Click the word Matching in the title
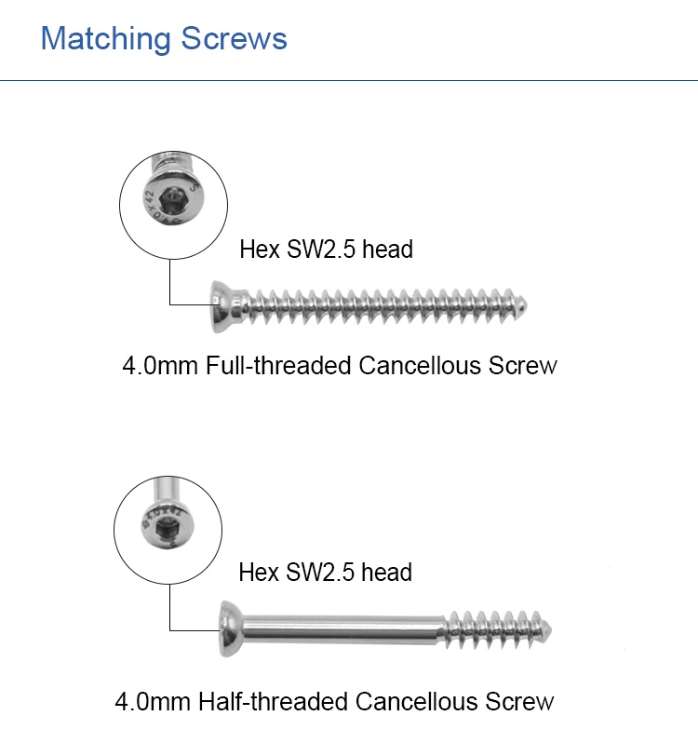click(106, 39)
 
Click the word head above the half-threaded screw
click(386, 572)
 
